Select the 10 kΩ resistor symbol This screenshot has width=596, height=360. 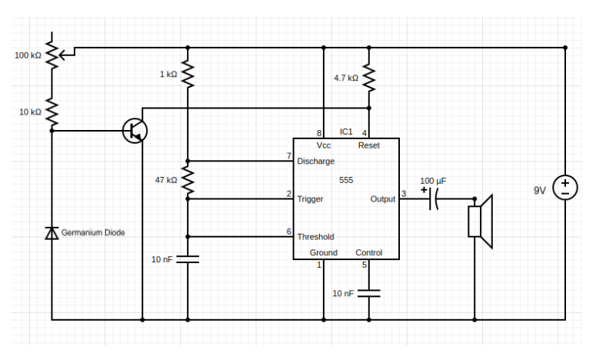click(x=52, y=112)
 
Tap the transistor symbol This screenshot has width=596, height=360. click(x=136, y=131)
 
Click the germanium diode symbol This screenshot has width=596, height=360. click(x=52, y=232)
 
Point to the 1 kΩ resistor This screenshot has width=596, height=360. click(x=187, y=75)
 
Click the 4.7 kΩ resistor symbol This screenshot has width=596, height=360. click(x=369, y=78)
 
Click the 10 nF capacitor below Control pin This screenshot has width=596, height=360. click(x=369, y=293)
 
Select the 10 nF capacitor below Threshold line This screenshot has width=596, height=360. click(x=187, y=260)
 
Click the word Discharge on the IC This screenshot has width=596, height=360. click(x=316, y=162)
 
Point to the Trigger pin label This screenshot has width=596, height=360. click(x=310, y=198)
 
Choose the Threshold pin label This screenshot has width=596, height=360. click(x=315, y=237)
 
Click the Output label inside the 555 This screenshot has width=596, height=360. click(x=382, y=198)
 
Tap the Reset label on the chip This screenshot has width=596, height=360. click(x=368, y=145)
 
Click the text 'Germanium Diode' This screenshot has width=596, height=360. click(x=93, y=232)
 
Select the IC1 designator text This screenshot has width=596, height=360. click(x=346, y=132)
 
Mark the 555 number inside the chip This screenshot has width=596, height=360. click(x=346, y=179)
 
